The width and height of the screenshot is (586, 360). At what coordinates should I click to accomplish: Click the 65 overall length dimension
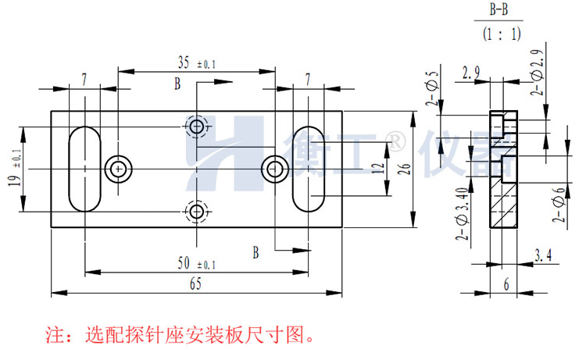pyautogui.click(x=195, y=285)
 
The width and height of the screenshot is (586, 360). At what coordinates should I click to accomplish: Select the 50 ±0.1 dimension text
pyautogui.click(x=195, y=263)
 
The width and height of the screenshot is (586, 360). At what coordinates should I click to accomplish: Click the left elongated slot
pyautogui.click(x=84, y=168)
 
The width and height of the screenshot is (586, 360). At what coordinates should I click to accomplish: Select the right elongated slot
pyautogui.click(x=309, y=168)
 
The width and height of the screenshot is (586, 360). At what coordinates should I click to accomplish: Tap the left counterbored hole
pyautogui.click(x=118, y=167)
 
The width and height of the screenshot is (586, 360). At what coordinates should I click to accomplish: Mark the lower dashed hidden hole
pyautogui.click(x=196, y=210)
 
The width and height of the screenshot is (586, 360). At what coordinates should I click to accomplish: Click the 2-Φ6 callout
pyautogui.click(x=558, y=203)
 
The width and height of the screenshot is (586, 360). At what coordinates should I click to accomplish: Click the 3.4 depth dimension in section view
pyautogui.click(x=544, y=254)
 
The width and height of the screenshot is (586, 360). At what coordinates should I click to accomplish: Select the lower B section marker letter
pyautogui.click(x=255, y=251)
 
